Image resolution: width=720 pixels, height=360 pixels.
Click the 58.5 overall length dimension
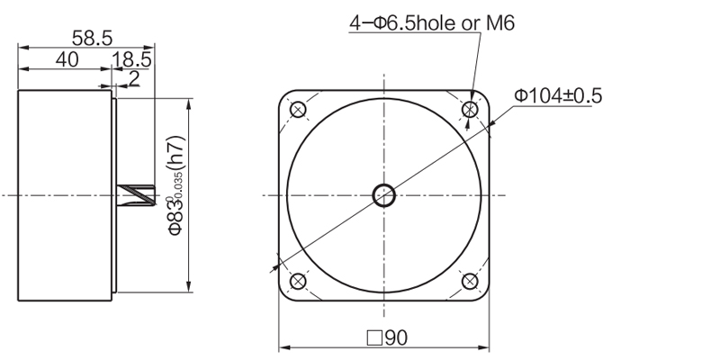click(x=92, y=38)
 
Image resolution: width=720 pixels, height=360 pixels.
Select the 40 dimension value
click(x=67, y=59)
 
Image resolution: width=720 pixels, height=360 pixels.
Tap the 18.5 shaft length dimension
click(x=131, y=59)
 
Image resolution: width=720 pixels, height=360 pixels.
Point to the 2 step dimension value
click(x=134, y=78)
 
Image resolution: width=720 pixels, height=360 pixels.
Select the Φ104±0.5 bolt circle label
click(x=558, y=96)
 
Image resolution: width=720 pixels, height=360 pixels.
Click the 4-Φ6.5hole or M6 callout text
click(x=432, y=23)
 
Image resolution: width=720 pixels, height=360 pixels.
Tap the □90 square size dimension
click(x=387, y=338)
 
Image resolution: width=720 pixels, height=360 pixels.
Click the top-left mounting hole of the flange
click(x=299, y=110)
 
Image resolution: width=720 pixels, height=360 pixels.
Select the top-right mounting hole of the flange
click(x=470, y=110)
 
